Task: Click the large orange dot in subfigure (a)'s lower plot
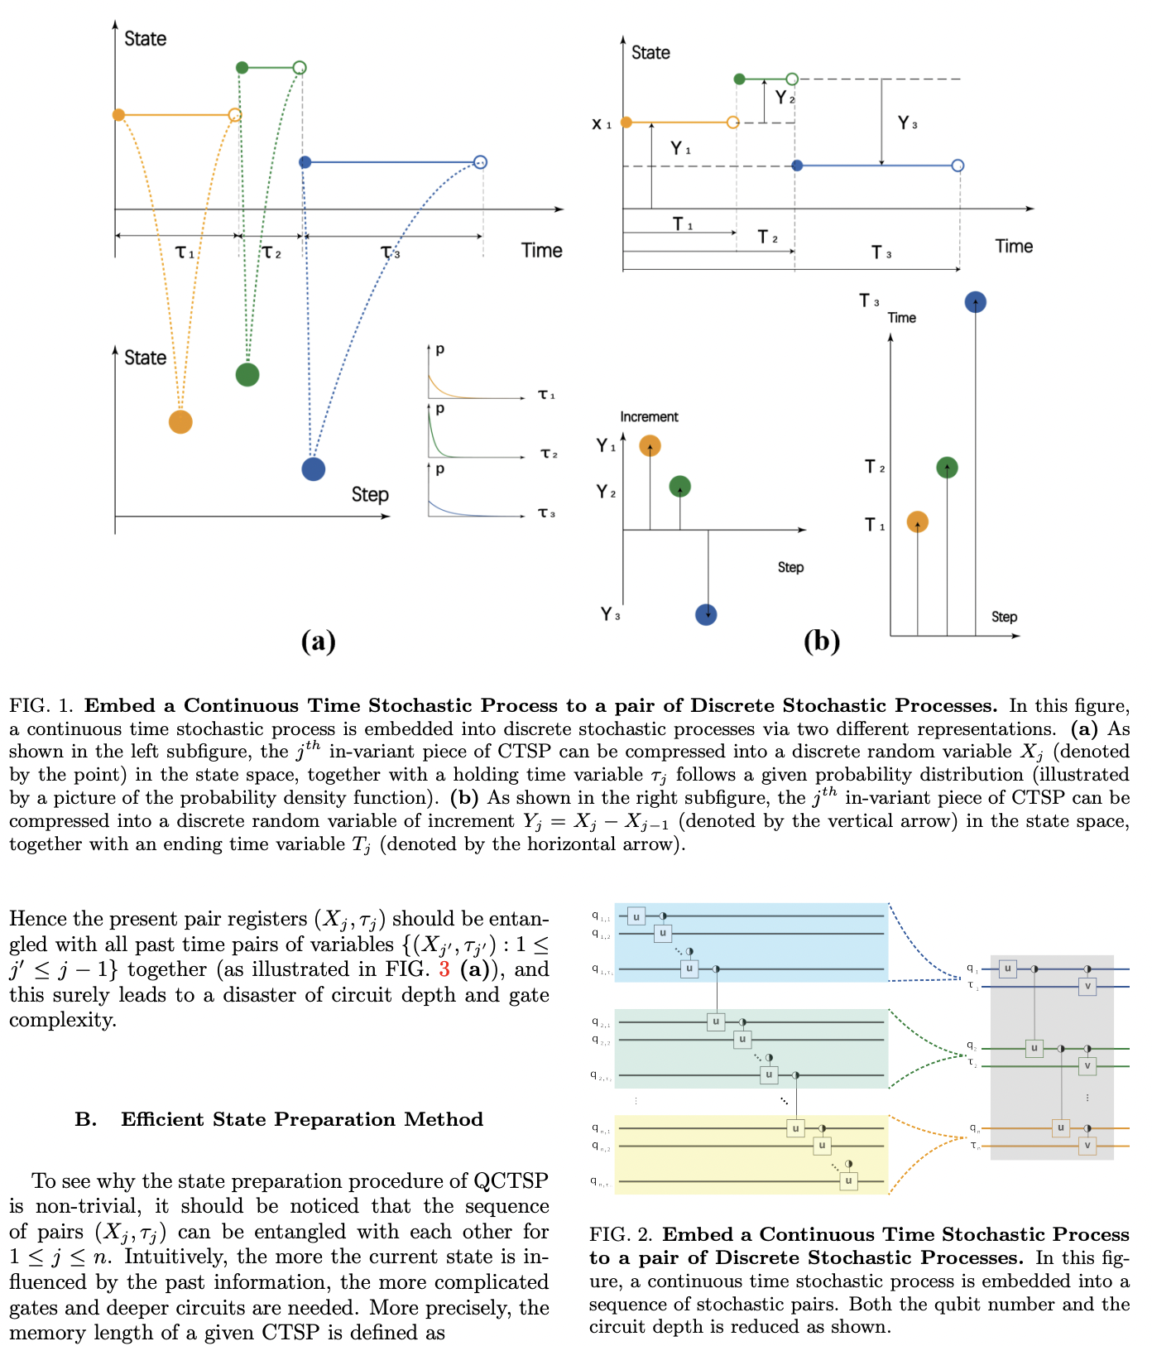click(180, 422)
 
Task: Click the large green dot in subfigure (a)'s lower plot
click(247, 374)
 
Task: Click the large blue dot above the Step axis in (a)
click(314, 469)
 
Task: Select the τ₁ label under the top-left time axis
click(185, 252)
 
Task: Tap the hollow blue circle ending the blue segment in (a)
click(481, 162)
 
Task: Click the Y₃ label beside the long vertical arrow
click(907, 123)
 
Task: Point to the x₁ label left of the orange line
click(602, 124)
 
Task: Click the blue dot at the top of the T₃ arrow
click(976, 302)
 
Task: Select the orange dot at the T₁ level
click(917, 522)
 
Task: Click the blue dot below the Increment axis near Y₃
click(706, 614)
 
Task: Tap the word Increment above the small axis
click(649, 416)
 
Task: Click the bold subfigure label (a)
click(318, 641)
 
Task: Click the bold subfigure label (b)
click(821, 641)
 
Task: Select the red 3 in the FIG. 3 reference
click(444, 969)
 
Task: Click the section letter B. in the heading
click(85, 1119)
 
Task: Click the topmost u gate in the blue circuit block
click(636, 916)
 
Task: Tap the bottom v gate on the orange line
click(1087, 1146)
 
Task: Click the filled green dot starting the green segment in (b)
click(740, 79)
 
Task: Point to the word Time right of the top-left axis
click(541, 250)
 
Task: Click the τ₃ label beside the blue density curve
click(546, 513)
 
